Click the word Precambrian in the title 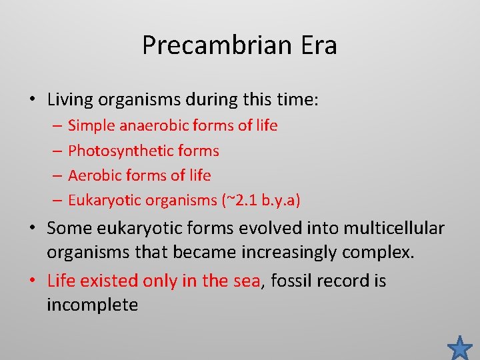[x=215, y=45]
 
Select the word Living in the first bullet [x=70, y=101]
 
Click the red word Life [x=61, y=281]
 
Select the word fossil [x=288, y=281]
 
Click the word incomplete [x=92, y=305]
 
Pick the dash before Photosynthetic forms [x=56, y=151]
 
